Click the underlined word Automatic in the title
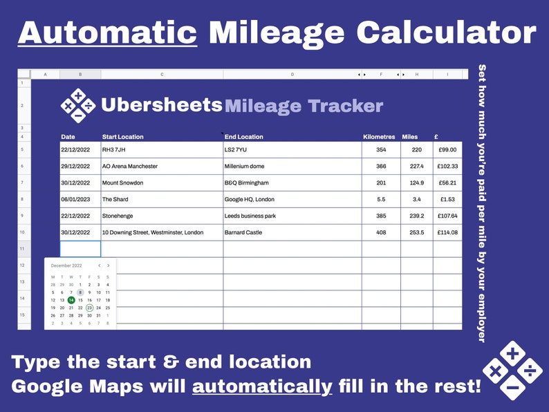click(107, 32)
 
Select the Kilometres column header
click(379, 137)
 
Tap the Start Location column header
click(123, 137)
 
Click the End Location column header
click(244, 137)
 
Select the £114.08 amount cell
click(447, 233)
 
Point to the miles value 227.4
click(416, 167)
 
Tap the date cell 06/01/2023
click(75, 200)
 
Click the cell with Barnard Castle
click(241, 233)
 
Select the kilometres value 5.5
click(381, 200)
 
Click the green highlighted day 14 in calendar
click(71, 300)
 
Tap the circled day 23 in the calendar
click(90, 308)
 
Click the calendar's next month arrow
click(108, 265)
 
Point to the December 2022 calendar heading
click(66, 265)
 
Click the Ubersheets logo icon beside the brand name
click(78, 105)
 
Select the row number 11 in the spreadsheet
click(21, 249)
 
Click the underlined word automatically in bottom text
click(262, 386)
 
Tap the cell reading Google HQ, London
click(249, 200)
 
